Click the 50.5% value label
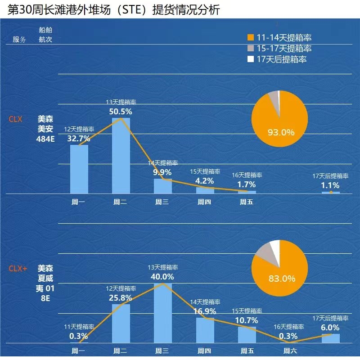click(121, 111)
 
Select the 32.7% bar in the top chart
click(79, 169)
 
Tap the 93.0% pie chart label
click(281, 132)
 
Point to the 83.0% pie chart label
click(282, 279)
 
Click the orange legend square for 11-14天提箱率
click(251, 38)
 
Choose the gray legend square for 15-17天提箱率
click(251, 49)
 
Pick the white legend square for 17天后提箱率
click(251, 59)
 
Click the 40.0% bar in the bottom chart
click(162, 313)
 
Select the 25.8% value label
click(121, 297)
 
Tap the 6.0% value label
click(330, 328)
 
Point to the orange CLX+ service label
click(18, 269)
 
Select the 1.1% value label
click(330, 185)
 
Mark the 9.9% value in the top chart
click(162, 172)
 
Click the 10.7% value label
click(247, 320)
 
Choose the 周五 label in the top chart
click(247, 202)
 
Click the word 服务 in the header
click(19, 40)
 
